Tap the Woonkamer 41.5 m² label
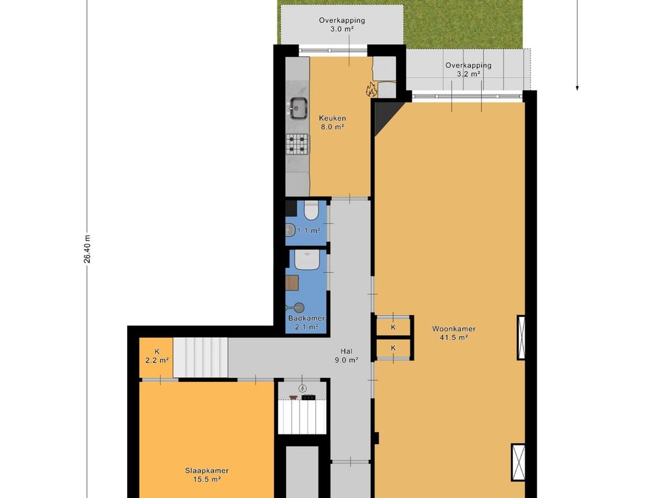(453, 333)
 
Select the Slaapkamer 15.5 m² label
(207, 475)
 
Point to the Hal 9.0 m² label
(346, 356)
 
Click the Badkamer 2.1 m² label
(307, 322)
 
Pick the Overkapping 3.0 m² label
(342, 25)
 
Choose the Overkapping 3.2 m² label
(468, 69)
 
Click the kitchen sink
(299, 106)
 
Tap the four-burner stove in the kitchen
(297, 143)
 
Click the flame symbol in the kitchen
(372, 89)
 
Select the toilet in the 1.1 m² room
(311, 211)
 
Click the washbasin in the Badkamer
(307, 259)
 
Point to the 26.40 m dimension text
(87, 249)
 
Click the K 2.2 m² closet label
(157, 356)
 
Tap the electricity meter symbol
(302, 388)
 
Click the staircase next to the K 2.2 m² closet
(201, 357)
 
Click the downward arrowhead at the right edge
(576, 88)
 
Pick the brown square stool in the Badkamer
(292, 283)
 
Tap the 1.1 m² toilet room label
(308, 231)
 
